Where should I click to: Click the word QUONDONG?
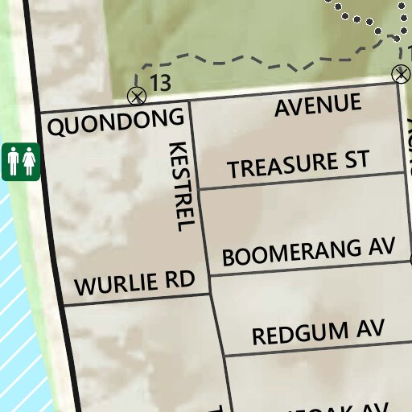click(116, 123)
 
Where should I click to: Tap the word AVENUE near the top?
click(318, 105)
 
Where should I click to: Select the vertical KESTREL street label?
click(182, 187)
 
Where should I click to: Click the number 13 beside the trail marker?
click(160, 82)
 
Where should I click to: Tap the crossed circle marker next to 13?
click(137, 97)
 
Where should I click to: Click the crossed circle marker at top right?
click(401, 75)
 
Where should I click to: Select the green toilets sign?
click(21, 163)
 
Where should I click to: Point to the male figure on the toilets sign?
click(14, 163)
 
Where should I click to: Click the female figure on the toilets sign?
click(29, 163)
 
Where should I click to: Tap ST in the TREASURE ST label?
click(355, 159)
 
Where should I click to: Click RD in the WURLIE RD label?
click(181, 280)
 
